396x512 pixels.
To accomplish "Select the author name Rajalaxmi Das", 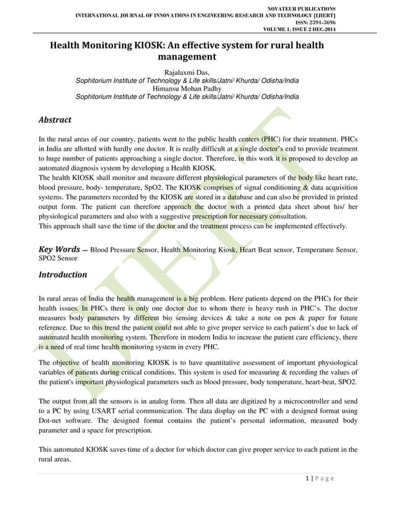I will click(x=186, y=73).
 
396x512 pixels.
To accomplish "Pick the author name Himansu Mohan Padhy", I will click(x=186, y=89).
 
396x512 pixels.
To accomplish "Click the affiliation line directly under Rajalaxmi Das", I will click(x=186, y=81).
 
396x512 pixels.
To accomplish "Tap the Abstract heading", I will click(x=55, y=119).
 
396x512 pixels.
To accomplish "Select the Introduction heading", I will click(x=63, y=274).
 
